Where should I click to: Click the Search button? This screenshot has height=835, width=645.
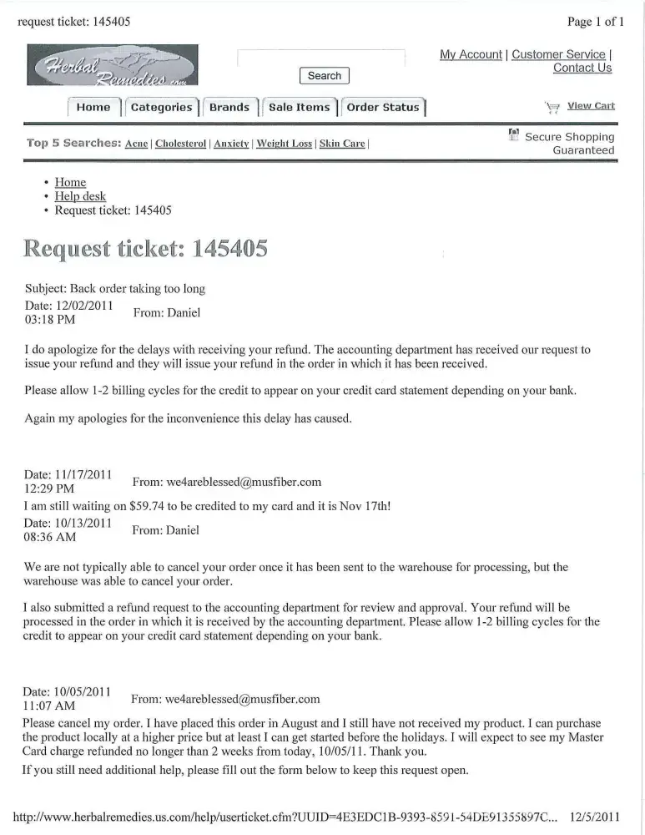tap(324, 76)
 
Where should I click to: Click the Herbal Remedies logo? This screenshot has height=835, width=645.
tap(113, 64)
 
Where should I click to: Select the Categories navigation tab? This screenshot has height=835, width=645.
tap(162, 108)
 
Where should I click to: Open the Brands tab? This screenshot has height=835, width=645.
tap(229, 108)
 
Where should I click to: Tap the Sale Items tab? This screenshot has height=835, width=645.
tap(299, 108)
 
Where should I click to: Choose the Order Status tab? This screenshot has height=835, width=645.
tap(383, 108)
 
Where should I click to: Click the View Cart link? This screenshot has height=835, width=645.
tap(591, 106)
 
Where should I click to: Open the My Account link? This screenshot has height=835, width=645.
tap(471, 54)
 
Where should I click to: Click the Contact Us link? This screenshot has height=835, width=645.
tap(582, 68)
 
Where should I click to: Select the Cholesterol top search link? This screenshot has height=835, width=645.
tap(180, 144)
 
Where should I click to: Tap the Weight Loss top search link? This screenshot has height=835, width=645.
tap(284, 144)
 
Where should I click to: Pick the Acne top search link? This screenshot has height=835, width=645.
tap(136, 144)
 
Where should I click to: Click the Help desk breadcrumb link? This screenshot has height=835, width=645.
tap(80, 196)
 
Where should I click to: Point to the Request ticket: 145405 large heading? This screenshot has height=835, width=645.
tap(146, 248)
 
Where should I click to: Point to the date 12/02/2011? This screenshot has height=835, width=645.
tap(82, 306)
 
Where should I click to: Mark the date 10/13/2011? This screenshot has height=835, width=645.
tap(81, 523)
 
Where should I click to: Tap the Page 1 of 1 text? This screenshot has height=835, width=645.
tap(595, 22)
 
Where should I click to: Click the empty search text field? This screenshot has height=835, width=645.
tap(321, 57)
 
